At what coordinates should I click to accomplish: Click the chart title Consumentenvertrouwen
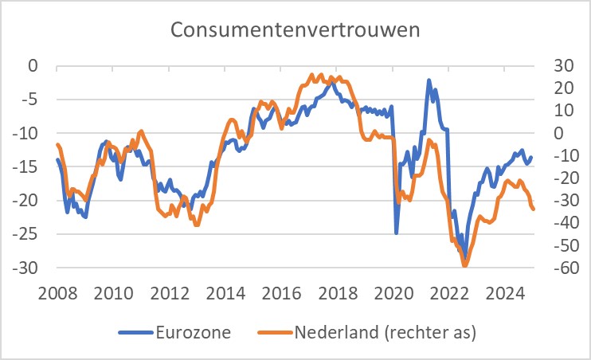(x=295, y=31)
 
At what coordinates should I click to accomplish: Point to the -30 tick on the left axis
(x=29, y=268)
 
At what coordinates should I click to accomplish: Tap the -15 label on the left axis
(x=29, y=167)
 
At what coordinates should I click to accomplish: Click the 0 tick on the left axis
(x=33, y=65)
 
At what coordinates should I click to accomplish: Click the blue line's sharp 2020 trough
(x=397, y=233)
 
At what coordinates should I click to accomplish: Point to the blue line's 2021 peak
(x=429, y=80)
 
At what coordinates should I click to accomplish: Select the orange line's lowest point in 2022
(x=465, y=266)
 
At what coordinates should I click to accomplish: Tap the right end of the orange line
(x=534, y=209)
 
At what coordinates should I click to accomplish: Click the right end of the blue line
(x=532, y=157)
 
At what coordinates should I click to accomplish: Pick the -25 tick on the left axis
(x=29, y=235)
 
